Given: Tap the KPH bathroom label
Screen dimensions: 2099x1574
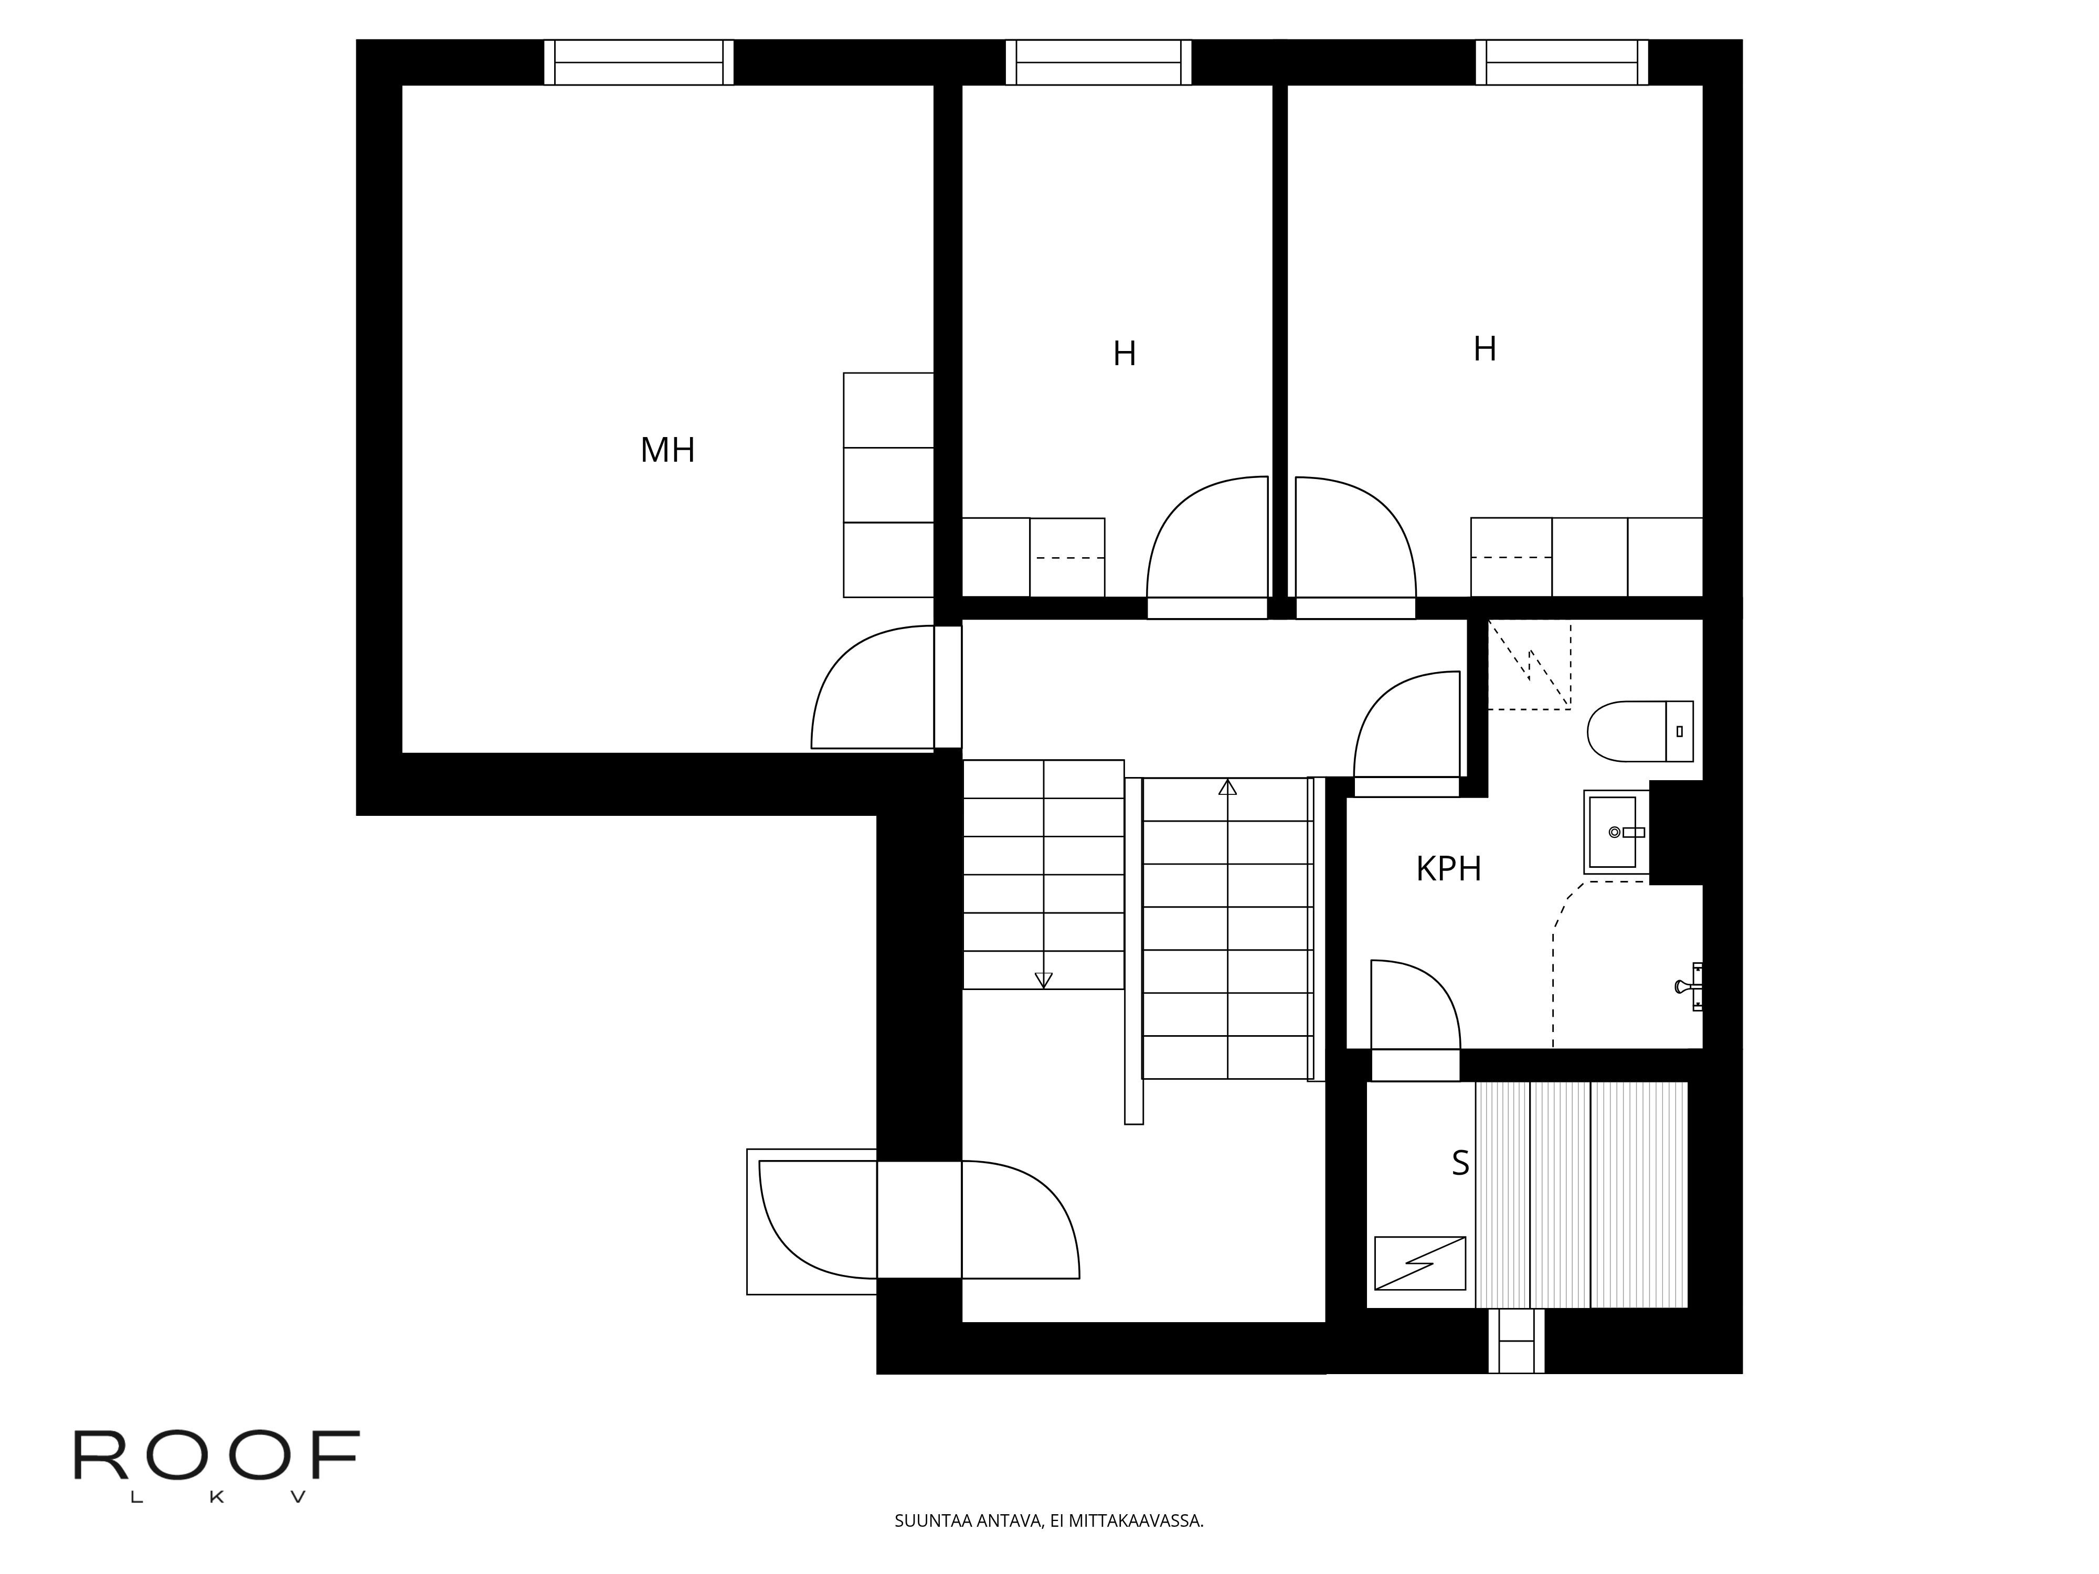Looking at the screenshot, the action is click(1448, 868).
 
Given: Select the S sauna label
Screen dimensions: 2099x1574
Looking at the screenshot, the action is click(1460, 1163).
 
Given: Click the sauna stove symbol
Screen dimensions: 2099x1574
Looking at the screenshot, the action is click(1419, 1263).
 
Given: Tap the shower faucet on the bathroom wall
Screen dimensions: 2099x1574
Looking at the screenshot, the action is click(1690, 987).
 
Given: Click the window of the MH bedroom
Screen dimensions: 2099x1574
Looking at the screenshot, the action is click(639, 62).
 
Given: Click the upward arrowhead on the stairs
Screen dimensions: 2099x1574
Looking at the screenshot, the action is click(1228, 786).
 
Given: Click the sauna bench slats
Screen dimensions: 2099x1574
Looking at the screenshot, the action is click(1582, 1195).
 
